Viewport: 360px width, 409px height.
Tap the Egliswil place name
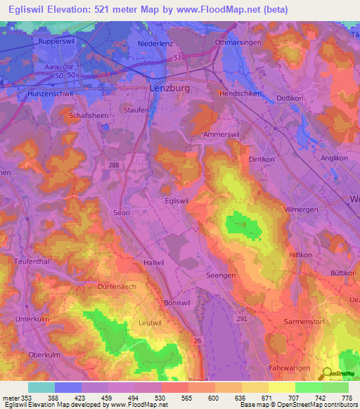coord(176,200)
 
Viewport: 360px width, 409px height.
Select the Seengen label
coord(220,275)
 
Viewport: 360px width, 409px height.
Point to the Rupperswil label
coord(58,41)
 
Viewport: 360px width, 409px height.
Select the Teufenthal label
coord(30,261)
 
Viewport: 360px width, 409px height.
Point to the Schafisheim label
coord(87,115)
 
